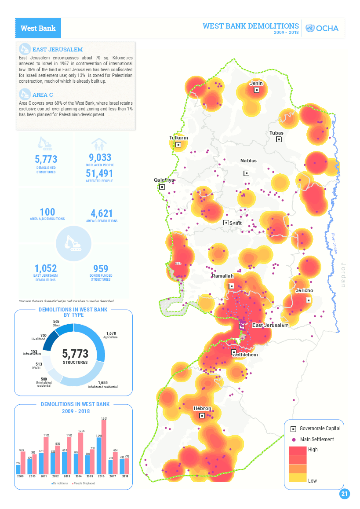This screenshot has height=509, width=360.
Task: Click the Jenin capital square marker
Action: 257,90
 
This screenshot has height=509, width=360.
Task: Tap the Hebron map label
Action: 202,408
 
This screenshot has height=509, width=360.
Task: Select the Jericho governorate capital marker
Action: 309,300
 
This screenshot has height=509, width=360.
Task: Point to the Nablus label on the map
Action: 248,161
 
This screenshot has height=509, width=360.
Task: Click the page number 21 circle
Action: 345,494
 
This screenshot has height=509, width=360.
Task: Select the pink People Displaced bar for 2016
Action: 104,447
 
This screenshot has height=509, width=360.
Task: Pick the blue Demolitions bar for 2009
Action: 18,469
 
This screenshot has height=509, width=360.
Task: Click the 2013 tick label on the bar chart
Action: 67,476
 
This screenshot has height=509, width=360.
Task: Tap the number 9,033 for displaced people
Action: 100,158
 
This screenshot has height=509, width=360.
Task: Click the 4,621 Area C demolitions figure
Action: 102,213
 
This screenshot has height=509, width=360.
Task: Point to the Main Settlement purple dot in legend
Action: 293,439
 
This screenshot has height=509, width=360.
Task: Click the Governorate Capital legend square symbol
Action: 293,428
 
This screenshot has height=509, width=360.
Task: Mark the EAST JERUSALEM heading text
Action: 57,50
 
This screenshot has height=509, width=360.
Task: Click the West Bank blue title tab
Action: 38,28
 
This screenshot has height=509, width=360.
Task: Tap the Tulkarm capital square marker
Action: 178,144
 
